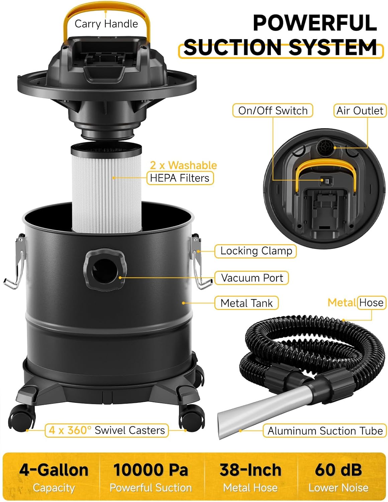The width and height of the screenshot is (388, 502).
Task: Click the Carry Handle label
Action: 106,24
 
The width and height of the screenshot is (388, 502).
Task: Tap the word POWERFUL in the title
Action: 314,23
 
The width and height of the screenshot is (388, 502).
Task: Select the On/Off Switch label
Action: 273,110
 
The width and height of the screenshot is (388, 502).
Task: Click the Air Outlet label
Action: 360,110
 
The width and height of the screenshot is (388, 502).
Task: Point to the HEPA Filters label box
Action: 180,178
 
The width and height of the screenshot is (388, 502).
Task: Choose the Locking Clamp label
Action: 256,251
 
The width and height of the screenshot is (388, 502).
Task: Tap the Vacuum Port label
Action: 252,278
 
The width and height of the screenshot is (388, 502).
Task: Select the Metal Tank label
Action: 247,303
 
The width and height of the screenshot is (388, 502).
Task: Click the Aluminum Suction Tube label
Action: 325,431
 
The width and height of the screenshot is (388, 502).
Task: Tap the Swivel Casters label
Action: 107,430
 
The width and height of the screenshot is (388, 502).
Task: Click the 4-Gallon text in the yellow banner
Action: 54,470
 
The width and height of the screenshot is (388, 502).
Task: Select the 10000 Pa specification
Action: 151,470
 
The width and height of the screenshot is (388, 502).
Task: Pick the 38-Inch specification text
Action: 250,470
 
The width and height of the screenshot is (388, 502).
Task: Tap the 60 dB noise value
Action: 338,470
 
